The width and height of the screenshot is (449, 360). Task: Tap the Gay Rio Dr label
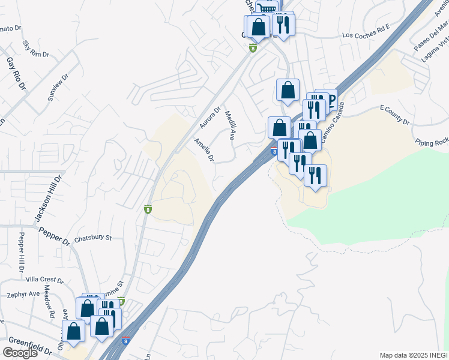pos(17,74)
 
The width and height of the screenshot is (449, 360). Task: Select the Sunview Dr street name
pos(55,86)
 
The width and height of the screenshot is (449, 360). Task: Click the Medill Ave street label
pos(229,125)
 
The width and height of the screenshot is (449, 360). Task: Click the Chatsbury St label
pos(93,238)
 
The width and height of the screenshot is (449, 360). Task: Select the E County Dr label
pos(394,115)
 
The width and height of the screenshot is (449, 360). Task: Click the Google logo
pos(20,353)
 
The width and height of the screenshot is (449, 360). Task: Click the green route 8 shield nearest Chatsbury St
pos(148,209)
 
